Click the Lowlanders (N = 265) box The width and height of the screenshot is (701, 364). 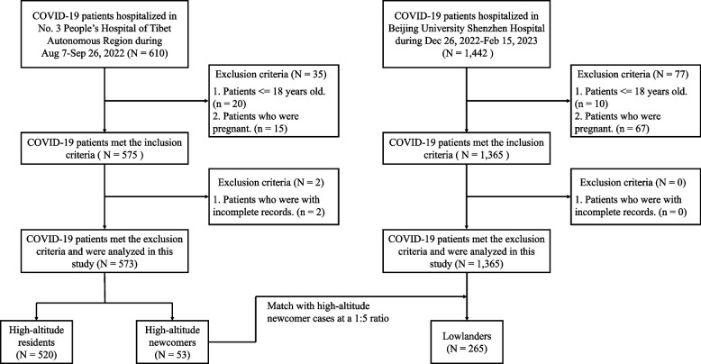point(467,341)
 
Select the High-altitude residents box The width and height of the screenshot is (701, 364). point(36,341)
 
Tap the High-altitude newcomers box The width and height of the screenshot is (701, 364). point(172,341)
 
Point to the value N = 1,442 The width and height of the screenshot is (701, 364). point(467,54)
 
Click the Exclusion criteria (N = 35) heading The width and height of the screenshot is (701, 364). point(270,74)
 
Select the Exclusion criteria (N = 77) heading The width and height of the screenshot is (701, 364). point(633,74)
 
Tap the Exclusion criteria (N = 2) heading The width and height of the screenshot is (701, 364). point(271,182)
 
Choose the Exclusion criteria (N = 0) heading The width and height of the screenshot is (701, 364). point(633,182)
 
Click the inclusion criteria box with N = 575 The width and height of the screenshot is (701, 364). point(105,149)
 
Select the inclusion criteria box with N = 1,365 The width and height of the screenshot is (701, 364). point(467,149)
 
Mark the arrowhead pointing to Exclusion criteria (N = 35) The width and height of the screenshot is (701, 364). point(205,101)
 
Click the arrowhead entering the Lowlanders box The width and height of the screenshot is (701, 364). point(467,317)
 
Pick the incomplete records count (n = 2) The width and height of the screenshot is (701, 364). point(309,212)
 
